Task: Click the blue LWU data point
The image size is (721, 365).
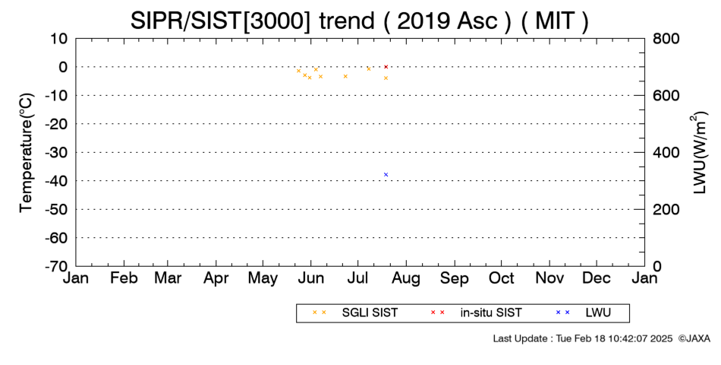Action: pyautogui.click(x=386, y=175)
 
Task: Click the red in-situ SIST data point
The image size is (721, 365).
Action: pyautogui.click(x=386, y=67)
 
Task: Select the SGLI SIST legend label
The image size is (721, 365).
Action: pyautogui.click(x=370, y=313)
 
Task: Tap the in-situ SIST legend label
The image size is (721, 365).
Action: pyautogui.click(x=491, y=313)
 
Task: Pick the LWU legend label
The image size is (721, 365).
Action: pyautogui.click(x=598, y=313)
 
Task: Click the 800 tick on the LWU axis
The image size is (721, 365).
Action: pyautogui.click(x=666, y=38)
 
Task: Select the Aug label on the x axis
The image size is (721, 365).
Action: pyautogui.click(x=406, y=278)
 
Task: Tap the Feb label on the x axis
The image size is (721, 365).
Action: pyautogui.click(x=124, y=278)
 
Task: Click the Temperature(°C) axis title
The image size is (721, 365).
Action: pyautogui.click(x=27, y=153)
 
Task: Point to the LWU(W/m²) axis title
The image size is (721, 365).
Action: pyautogui.click(x=698, y=152)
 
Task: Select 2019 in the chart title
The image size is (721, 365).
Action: pyautogui.click(x=423, y=21)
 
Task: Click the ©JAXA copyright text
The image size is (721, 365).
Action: pyautogui.click(x=694, y=338)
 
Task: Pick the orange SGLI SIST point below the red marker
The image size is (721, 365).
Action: pyautogui.click(x=386, y=78)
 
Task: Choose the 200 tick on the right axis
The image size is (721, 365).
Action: pyautogui.click(x=666, y=209)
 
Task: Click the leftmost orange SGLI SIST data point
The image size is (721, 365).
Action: pyautogui.click(x=298, y=71)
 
